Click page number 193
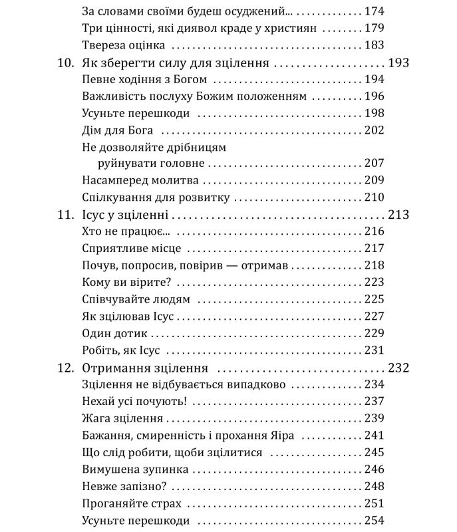pos(397,64)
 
